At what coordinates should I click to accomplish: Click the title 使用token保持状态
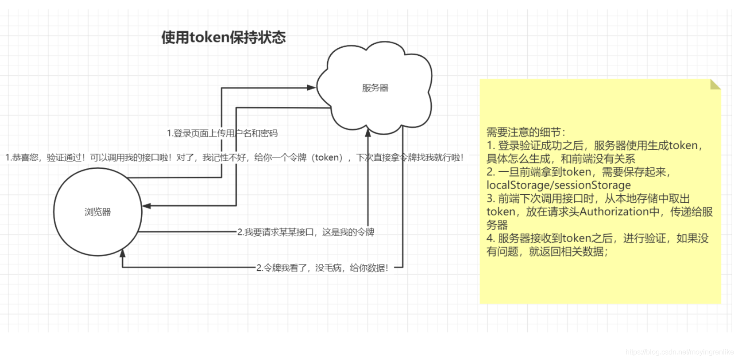pos(223,37)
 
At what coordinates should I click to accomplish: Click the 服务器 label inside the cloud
pos(375,88)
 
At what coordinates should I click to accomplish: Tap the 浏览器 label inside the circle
pos(97,212)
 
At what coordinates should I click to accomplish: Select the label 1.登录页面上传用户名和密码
pos(222,133)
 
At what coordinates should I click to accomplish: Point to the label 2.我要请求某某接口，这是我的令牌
pos(305,232)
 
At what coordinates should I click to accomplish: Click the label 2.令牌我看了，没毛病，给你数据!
pos(322,267)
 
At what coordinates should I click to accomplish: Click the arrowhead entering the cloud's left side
pos(311,88)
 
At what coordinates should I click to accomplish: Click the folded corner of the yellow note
pos(715,84)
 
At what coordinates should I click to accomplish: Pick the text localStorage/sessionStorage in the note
pos(558,185)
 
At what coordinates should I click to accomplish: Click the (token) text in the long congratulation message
pos(327,157)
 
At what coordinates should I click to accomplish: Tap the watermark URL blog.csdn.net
pos(679,352)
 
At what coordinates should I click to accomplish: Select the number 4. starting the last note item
pos(491,238)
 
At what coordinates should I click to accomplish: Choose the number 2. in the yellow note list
pos(491,172)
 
